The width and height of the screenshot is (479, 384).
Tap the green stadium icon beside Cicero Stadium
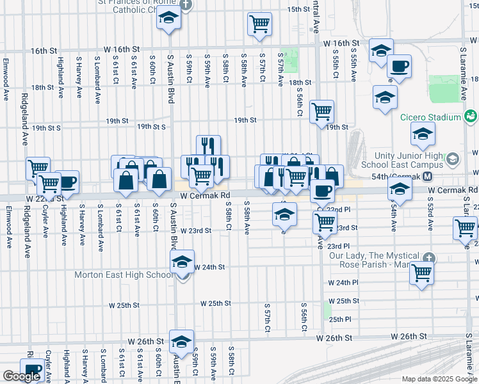(471, 116)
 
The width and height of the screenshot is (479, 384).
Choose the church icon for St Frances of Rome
(186, 4)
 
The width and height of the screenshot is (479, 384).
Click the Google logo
(21, 376)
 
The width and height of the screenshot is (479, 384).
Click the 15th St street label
(298, 10)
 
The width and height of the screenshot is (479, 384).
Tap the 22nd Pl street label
(339, 210)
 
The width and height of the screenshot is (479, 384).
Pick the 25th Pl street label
(339, 319)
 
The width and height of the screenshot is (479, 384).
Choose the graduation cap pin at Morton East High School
(182, 262)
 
